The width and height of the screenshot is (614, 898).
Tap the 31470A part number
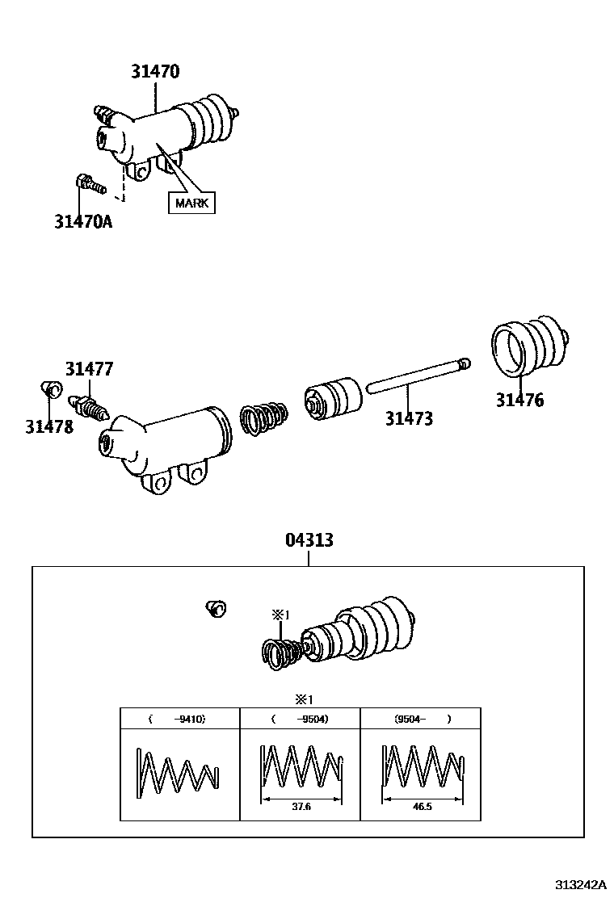(x=83, y=220)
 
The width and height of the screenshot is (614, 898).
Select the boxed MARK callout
(x=191, y=202)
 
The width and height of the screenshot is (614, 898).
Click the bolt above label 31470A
(x=90, y=183)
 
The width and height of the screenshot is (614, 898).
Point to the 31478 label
(x=49, y=426)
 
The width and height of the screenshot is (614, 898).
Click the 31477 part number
(x=89, y=369)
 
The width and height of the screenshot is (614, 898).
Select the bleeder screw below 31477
(x=88, y=403)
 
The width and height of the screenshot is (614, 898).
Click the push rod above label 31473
(x=417, y=376)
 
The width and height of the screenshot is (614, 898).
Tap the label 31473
(x=409, y=418)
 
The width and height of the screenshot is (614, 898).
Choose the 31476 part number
(x=519, y=400)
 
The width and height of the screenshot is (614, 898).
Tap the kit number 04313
(x=309, y=540)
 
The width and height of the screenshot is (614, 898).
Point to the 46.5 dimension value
(x=421, y=806)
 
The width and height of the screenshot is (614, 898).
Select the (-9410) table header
(x=179, y=718)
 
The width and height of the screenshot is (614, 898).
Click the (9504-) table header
(x=421, y=718)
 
